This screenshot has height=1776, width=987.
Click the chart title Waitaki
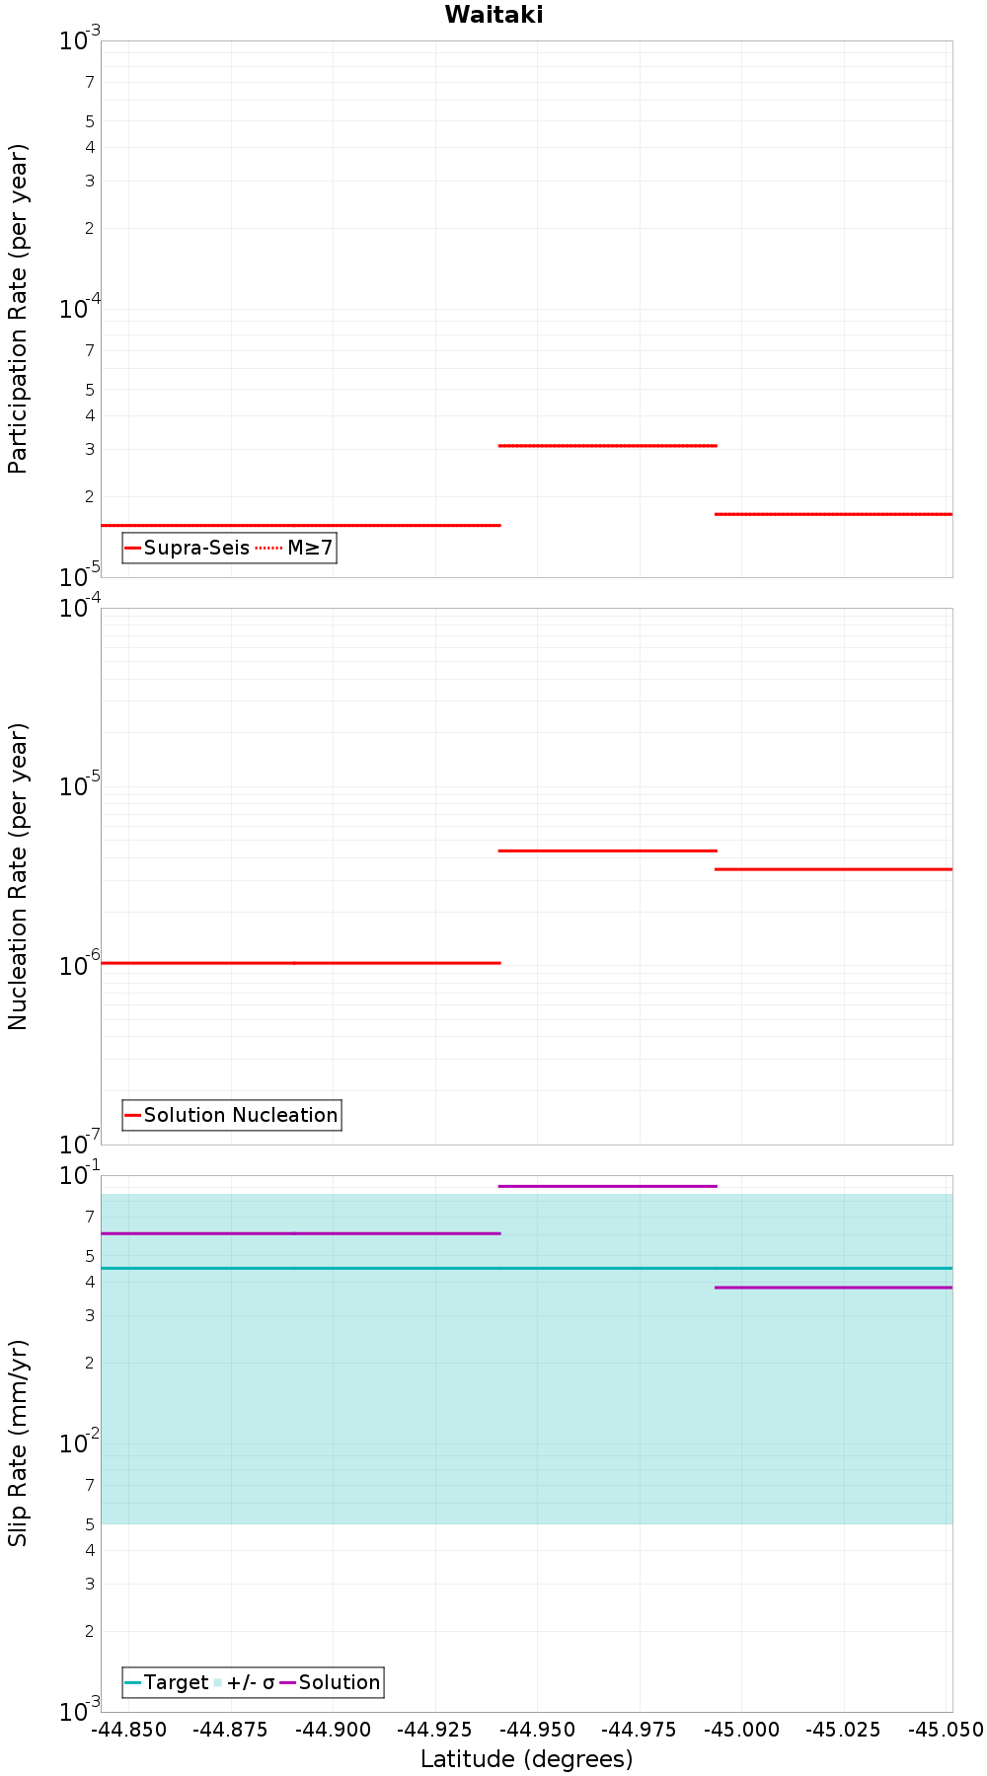coord(493,15)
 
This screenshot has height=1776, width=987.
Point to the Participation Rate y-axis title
coord(19,309)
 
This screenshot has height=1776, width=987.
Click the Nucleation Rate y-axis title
coord(19,876)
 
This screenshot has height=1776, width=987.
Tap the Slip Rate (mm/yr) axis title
coord(19,1443)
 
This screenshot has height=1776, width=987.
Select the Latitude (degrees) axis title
coord(526,1758)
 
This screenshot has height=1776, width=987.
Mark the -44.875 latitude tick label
coord(231,1730)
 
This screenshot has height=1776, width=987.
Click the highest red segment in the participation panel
coord(607,446)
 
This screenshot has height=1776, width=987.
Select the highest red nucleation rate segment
coord(607,851)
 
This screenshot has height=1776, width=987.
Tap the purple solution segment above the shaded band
coord(607,1186)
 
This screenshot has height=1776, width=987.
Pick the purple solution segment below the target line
coord(834,1288)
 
